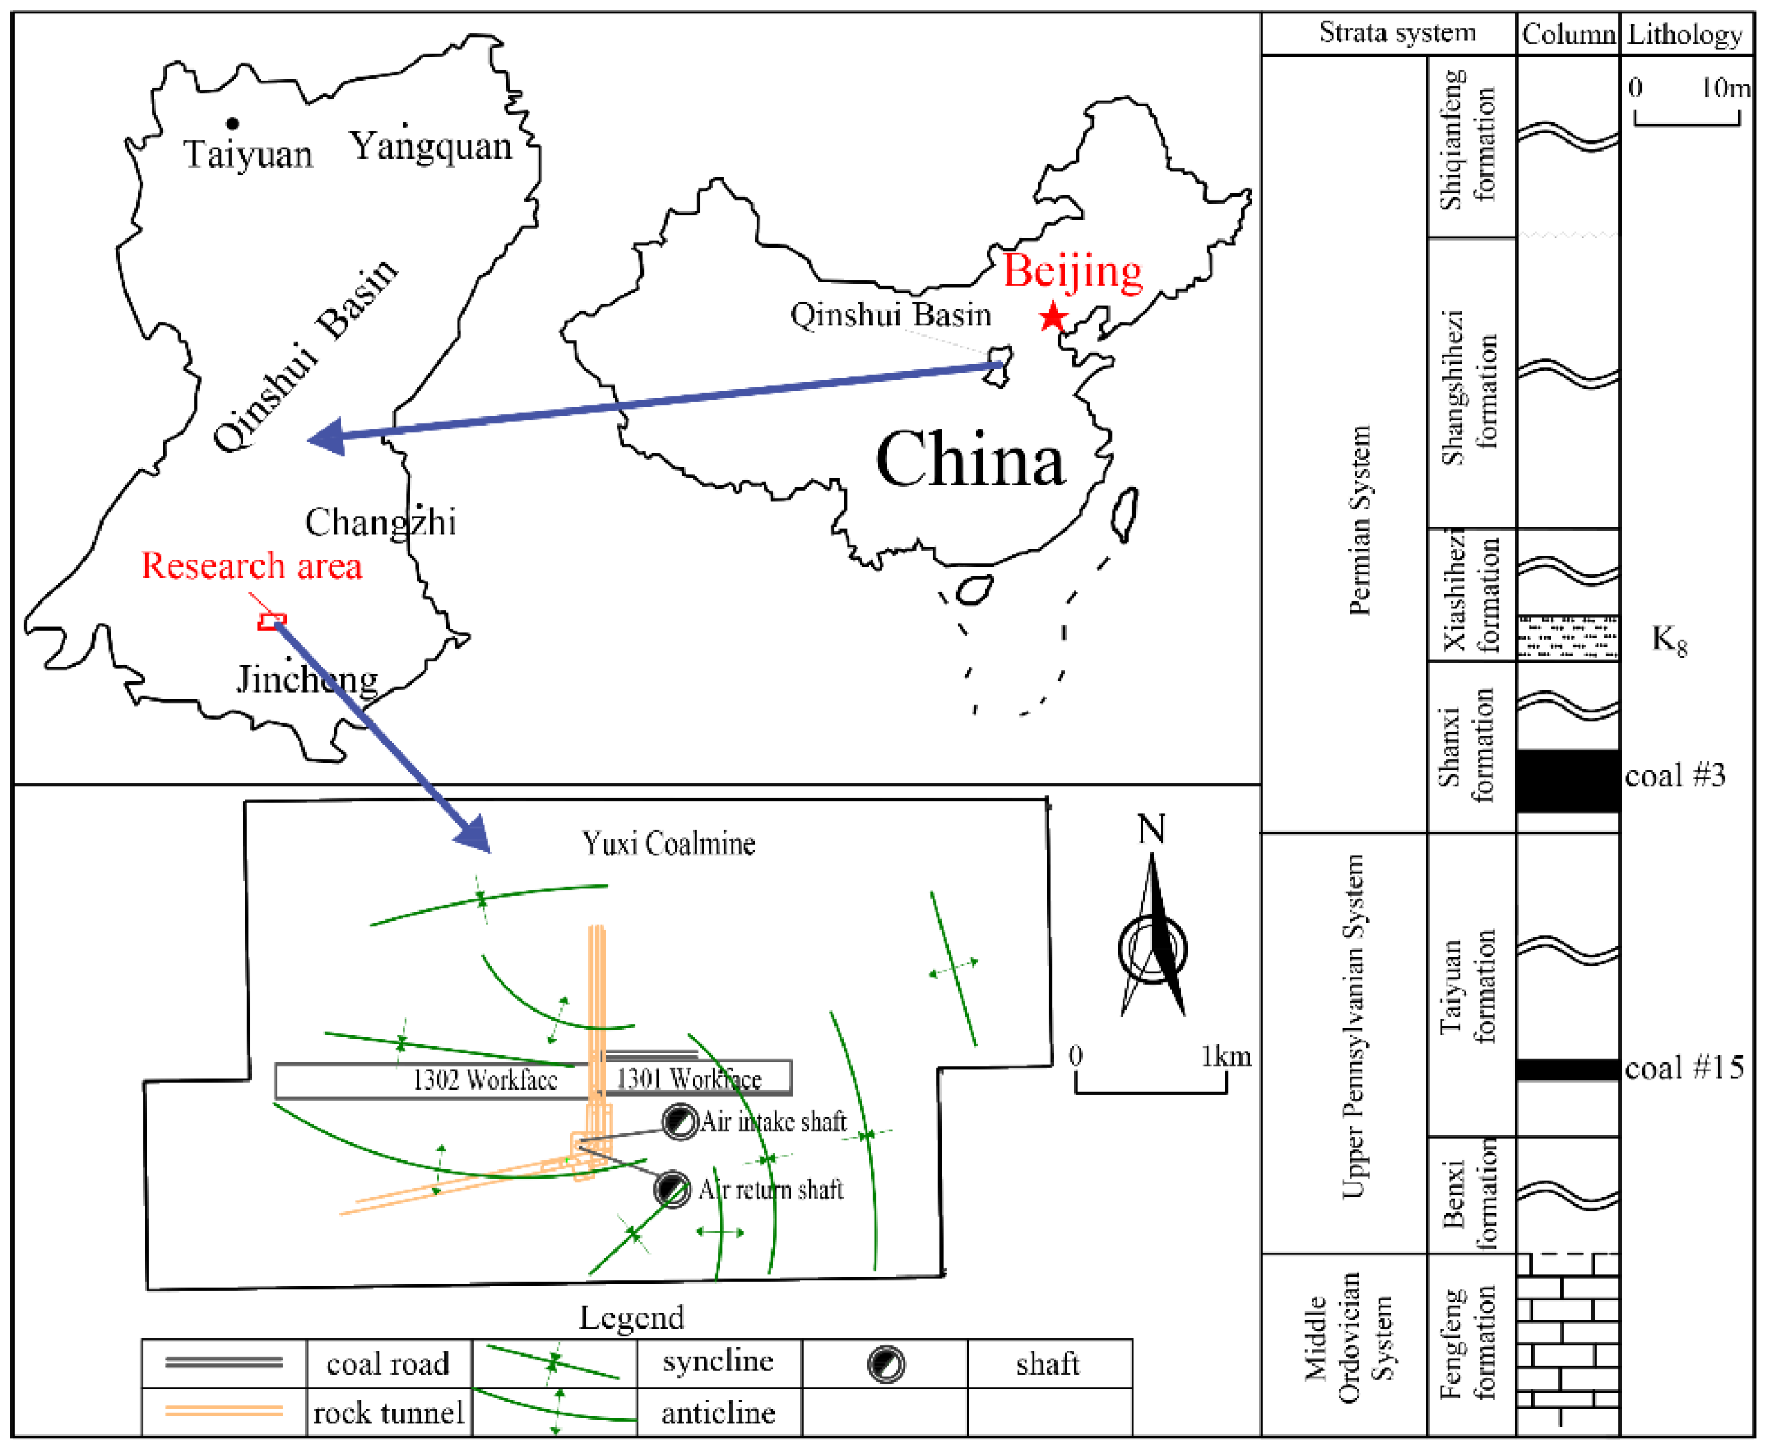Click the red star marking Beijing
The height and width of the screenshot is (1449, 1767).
coord(1053,317)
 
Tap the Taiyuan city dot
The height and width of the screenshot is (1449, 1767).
coord(233,124)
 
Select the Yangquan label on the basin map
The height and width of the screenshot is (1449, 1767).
coord(430,146)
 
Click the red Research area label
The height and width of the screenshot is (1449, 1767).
coord(251,566)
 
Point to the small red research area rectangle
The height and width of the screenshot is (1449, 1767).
coord(271,621)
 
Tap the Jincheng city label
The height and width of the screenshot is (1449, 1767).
coord(307,679)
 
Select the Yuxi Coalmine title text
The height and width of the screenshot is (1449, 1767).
coord(668,844)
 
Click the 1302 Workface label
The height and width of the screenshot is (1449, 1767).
coord(485,1080)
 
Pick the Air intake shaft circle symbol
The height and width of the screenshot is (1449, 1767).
coord(679,1121)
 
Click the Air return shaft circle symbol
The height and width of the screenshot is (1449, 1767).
coord(672,1188)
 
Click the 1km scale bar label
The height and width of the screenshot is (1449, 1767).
coord(1225,1057)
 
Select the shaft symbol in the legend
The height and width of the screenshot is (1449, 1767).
coord(886,1365)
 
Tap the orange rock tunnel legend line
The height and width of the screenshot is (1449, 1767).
coord(224,1411)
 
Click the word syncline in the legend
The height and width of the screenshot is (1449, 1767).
coord(718,1361)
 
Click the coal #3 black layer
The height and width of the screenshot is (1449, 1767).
coord(1567,780)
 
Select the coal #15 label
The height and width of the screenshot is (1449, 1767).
coord(1684,1069)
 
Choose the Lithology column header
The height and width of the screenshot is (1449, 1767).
coord(1685,35)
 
